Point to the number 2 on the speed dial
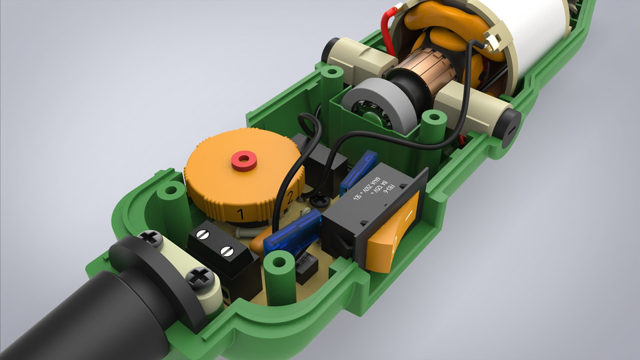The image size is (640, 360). pyautogui.click(x=289, y=197)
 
